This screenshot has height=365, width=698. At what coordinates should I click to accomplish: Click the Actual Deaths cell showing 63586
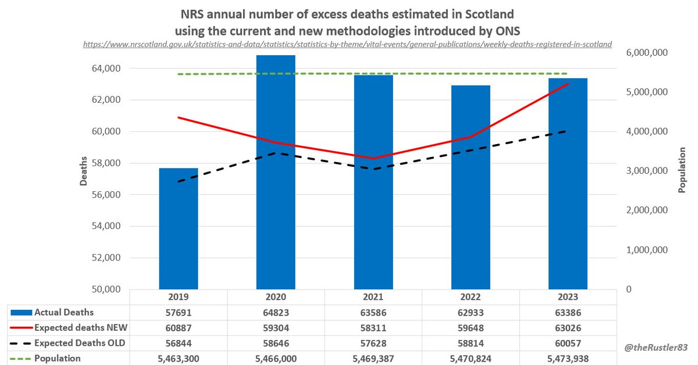click(373, 313)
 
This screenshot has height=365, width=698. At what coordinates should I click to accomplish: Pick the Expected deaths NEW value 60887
click(179, 328)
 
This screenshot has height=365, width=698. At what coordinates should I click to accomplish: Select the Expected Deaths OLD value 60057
click(568, 343)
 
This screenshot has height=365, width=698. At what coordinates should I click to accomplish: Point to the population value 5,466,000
click(276, 358)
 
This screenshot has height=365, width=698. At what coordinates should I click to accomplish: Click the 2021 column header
click(373, 297)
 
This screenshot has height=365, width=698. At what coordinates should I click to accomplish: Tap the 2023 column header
click(568, 297)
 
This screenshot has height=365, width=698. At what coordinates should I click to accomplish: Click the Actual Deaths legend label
click(63, 313)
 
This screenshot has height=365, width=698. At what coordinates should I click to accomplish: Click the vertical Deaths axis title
click(84, 171)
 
